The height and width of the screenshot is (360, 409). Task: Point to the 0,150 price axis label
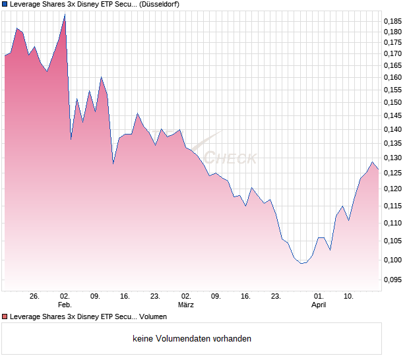(x=394, y=102)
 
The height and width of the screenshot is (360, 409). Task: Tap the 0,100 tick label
(x=394, y=260)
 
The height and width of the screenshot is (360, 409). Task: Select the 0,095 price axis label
(x=394, y=280)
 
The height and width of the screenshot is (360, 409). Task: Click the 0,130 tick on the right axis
(x=394, y=158)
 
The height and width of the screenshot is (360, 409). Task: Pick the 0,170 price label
(x=394, y=53)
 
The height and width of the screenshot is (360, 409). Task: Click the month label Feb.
(x=64, y=305)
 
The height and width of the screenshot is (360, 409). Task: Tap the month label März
(x=186, y=305)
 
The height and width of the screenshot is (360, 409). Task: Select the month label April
(x=319, y=305)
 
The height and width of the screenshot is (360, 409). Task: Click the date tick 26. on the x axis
(x=35, y=296)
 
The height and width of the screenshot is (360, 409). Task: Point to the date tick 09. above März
(x=216, y=296)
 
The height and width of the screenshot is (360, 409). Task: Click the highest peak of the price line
(x=65, y=14)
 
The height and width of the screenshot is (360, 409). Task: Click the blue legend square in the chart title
(x=4, y=4)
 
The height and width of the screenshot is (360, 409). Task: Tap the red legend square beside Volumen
(x=4, y=317)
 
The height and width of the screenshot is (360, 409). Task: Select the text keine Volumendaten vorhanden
(x=192, y=338)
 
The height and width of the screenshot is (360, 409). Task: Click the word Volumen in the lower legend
(x=154, y=317)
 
